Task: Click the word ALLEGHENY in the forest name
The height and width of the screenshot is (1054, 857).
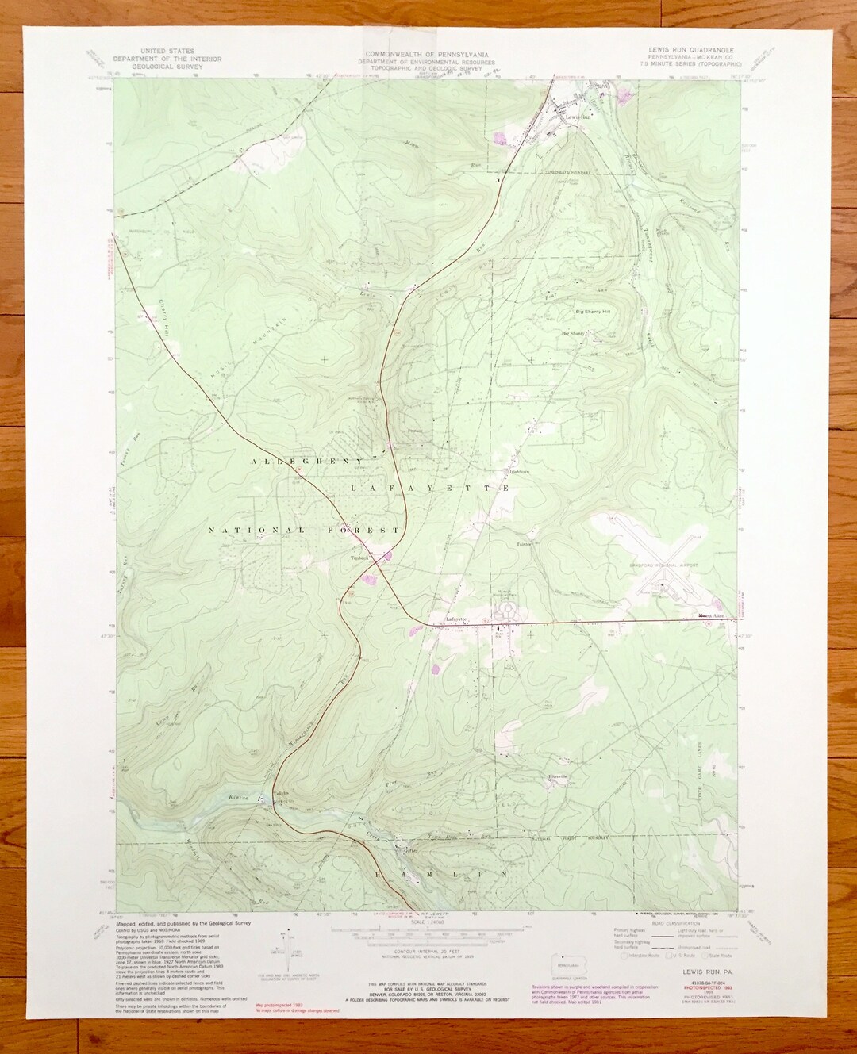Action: [x=306, y=461]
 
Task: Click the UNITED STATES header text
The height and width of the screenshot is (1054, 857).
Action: [x=167, y=50]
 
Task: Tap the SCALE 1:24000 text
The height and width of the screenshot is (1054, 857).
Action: [x=427, y=923]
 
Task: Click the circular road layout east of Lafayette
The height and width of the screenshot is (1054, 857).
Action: [x=505, y=611]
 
